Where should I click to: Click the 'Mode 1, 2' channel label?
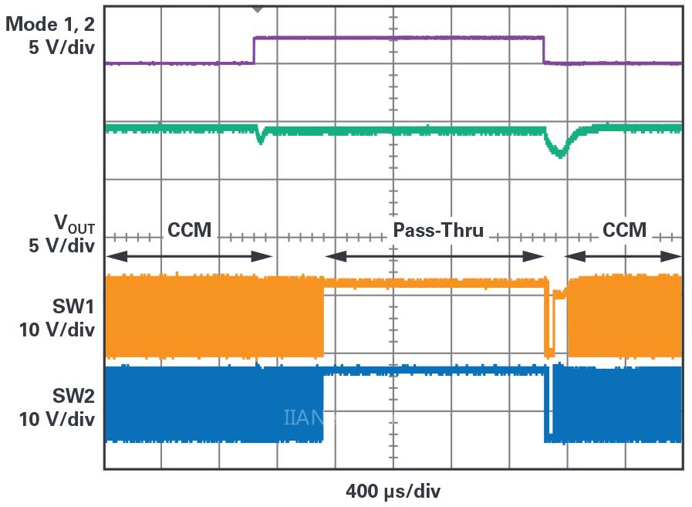click(x=49, y=23)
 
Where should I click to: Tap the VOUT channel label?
click(x=74, y=225)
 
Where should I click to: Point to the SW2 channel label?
click(x=74, y=397)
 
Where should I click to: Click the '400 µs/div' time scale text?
click(x=393, y=490)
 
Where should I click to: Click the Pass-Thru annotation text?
click(x=438, y=230)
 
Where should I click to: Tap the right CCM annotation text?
click(x=625, y=230)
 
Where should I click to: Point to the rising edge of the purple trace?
click(x=255, y=50)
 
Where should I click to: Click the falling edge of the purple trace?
click(x=545, y=50)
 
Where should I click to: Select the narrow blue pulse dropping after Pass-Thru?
click(x=549, y=405)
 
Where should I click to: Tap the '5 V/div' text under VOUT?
click(x=60, y=246)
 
